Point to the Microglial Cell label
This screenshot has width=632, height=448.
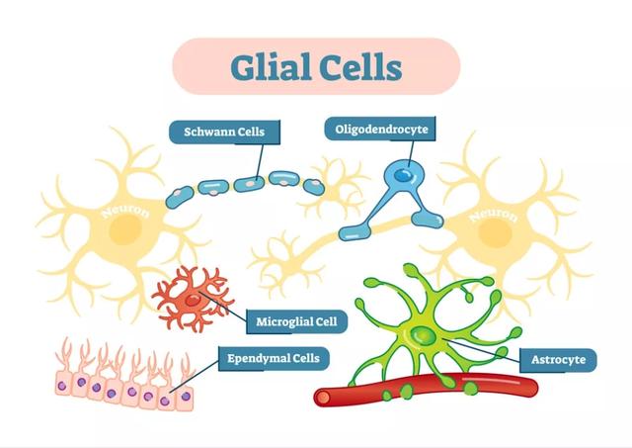pos(296,321)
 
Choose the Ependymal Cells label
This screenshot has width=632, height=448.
pos(274,357)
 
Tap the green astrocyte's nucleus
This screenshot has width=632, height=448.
pos(423,336)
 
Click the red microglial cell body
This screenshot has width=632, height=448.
pos(195,298)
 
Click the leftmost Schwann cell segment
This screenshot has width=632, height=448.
pos(182,194)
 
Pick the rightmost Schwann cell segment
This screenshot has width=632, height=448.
pos(314,185)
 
